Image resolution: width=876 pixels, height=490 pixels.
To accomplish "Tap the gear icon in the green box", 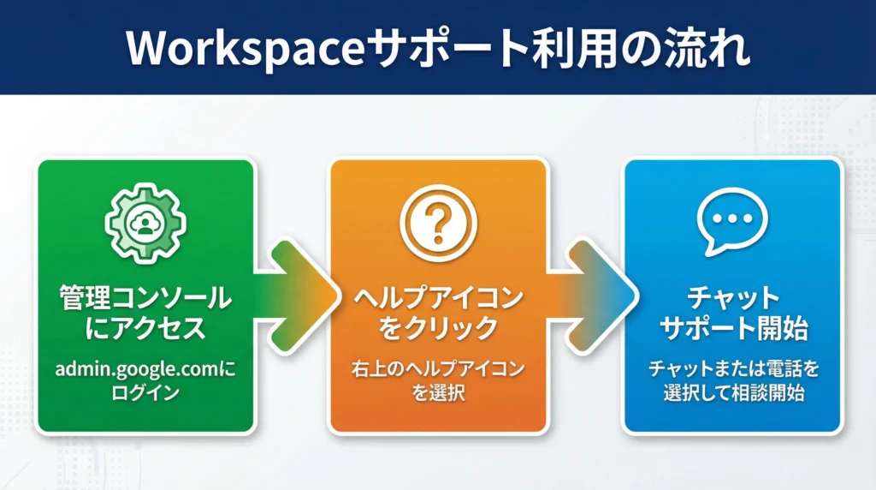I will click(145, 222).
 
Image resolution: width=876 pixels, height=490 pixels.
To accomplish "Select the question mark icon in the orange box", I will click(438, 222).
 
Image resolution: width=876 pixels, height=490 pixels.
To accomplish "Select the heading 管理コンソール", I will click(145, 299).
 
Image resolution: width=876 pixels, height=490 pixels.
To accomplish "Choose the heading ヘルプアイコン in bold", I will click(438, 299).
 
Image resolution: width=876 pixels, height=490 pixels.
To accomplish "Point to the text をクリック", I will click(438, 328).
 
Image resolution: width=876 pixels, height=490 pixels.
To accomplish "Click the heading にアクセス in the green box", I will click(145, 328).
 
